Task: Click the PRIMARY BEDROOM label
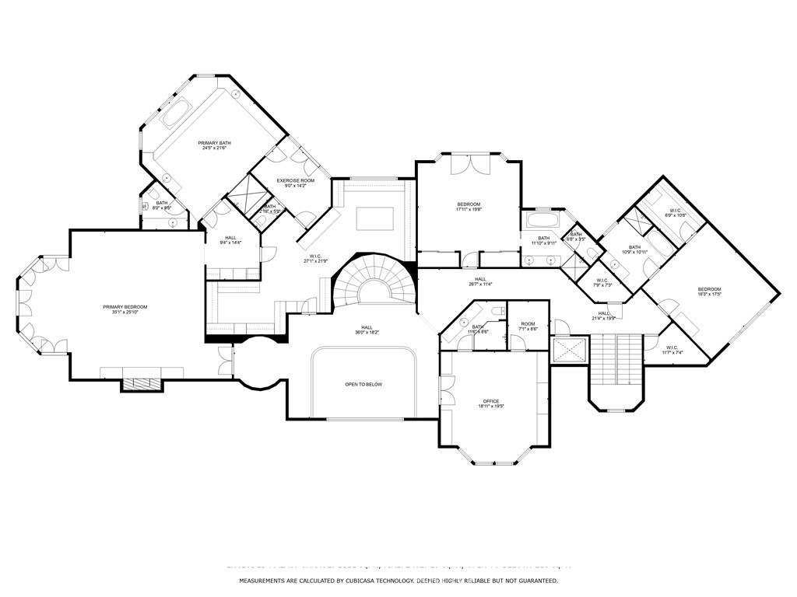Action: click(125, 307)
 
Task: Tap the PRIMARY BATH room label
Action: click(214, 143)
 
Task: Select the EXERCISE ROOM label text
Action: click(296, 180)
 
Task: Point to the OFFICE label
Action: click(490, 401)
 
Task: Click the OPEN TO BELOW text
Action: click(363, 384)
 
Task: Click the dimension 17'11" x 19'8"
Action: click(469, 209)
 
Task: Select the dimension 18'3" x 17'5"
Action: click(709, 294)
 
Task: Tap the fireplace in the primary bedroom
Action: click(141, 384)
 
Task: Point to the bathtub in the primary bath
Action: click(178, 111)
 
